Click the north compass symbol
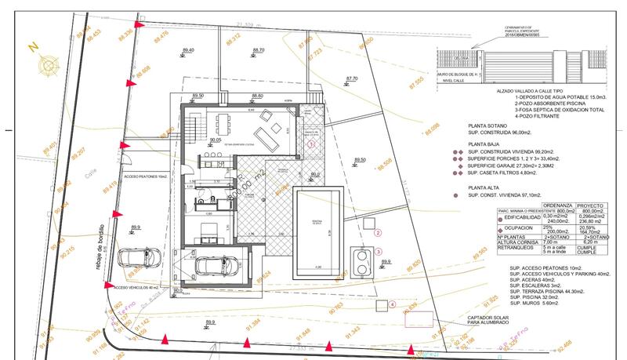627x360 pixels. pos(48,64)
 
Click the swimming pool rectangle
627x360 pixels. pos(317,233)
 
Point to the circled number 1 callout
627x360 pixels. pos(311,144)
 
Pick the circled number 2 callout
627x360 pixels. pos(378,233)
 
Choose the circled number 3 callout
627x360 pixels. pos(378,252)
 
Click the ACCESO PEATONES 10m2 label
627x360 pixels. pos(147,176)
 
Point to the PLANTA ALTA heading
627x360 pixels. pos(487,188)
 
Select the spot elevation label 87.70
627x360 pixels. pos(351,78)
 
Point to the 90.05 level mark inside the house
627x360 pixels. pos(216,139)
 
